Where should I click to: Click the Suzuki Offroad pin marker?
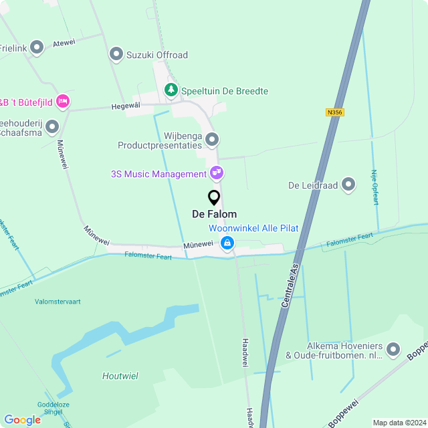coord(116,54)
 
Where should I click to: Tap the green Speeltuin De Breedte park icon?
coord(171,90)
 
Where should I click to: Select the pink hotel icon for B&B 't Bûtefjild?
coord(63,101)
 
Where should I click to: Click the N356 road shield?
coord(335,112)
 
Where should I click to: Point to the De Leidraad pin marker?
coord(348,185)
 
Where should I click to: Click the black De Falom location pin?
coord(214,198)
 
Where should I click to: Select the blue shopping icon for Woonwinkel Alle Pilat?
coord(228,243)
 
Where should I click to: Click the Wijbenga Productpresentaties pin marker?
coord(212,139)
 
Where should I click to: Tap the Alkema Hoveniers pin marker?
coord(393,349)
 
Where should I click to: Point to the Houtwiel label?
coord(120,376)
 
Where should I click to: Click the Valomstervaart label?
coord(58,302)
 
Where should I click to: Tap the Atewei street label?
coord(64,41)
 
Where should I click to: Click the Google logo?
coord(22,419)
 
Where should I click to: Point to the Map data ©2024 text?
coord(398,423)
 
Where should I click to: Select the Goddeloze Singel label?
coord(53,409)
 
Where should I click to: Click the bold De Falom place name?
coord(214,214)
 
